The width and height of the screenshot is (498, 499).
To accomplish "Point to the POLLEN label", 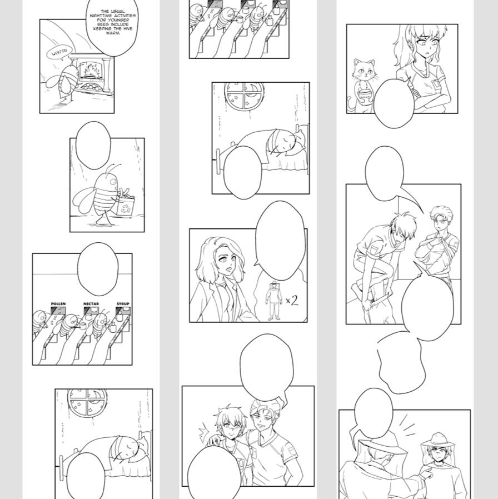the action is pyautogui.click(x=58, y=304).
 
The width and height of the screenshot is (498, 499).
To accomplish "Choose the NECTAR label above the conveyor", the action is pyautogui.click(x=91, y=304).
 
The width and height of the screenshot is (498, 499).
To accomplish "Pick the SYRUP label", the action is pyautogui.click(x=123, y=304).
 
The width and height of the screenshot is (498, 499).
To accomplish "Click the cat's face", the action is pyautogui.click(x=365, y=71).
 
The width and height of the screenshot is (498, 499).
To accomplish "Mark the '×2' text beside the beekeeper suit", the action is pyautogui.click(x=292, y=300).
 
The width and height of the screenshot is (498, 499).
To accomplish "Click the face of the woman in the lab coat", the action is pyautogui.click(x=227, y=261).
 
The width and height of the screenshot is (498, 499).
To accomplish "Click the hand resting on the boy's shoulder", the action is pyautogui.click(x=215, y=441).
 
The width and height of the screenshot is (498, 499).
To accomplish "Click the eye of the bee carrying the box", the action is pyautogui.click(x=113, y=182).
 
